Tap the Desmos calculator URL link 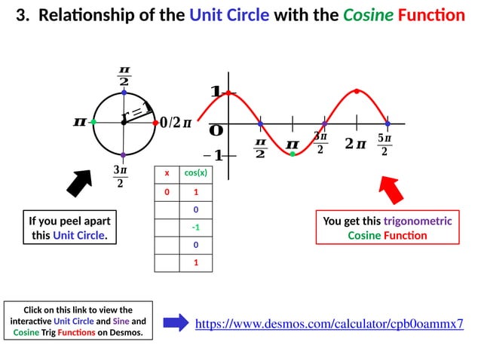tap(329, 324)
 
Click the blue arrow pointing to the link tap(175, 323)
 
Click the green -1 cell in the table tap(195, 227)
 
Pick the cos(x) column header tap(195, 172)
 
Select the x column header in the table tap(167, 172)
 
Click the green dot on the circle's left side tap(93, 121)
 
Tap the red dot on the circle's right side tap(155, 122)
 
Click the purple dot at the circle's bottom tap(123, 154)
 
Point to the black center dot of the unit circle tap(124, 122)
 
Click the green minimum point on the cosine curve tap(293, 154)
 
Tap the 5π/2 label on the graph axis tap(384, 145)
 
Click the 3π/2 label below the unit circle tap(120, 176)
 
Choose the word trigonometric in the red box tap(418, 221)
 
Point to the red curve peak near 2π tap(357, 91)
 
